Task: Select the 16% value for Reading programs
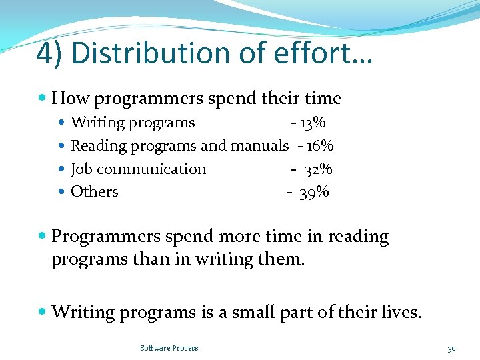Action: [320, 145]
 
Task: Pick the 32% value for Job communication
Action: [318, 169]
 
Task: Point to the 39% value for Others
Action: [314, 193]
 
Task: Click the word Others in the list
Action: [95, 192]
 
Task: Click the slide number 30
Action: [451, 348]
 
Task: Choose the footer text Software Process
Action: [169, 348]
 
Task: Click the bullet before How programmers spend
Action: [43, 99]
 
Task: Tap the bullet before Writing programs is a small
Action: [43, 311]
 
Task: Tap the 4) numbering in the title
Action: [51, 53]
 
